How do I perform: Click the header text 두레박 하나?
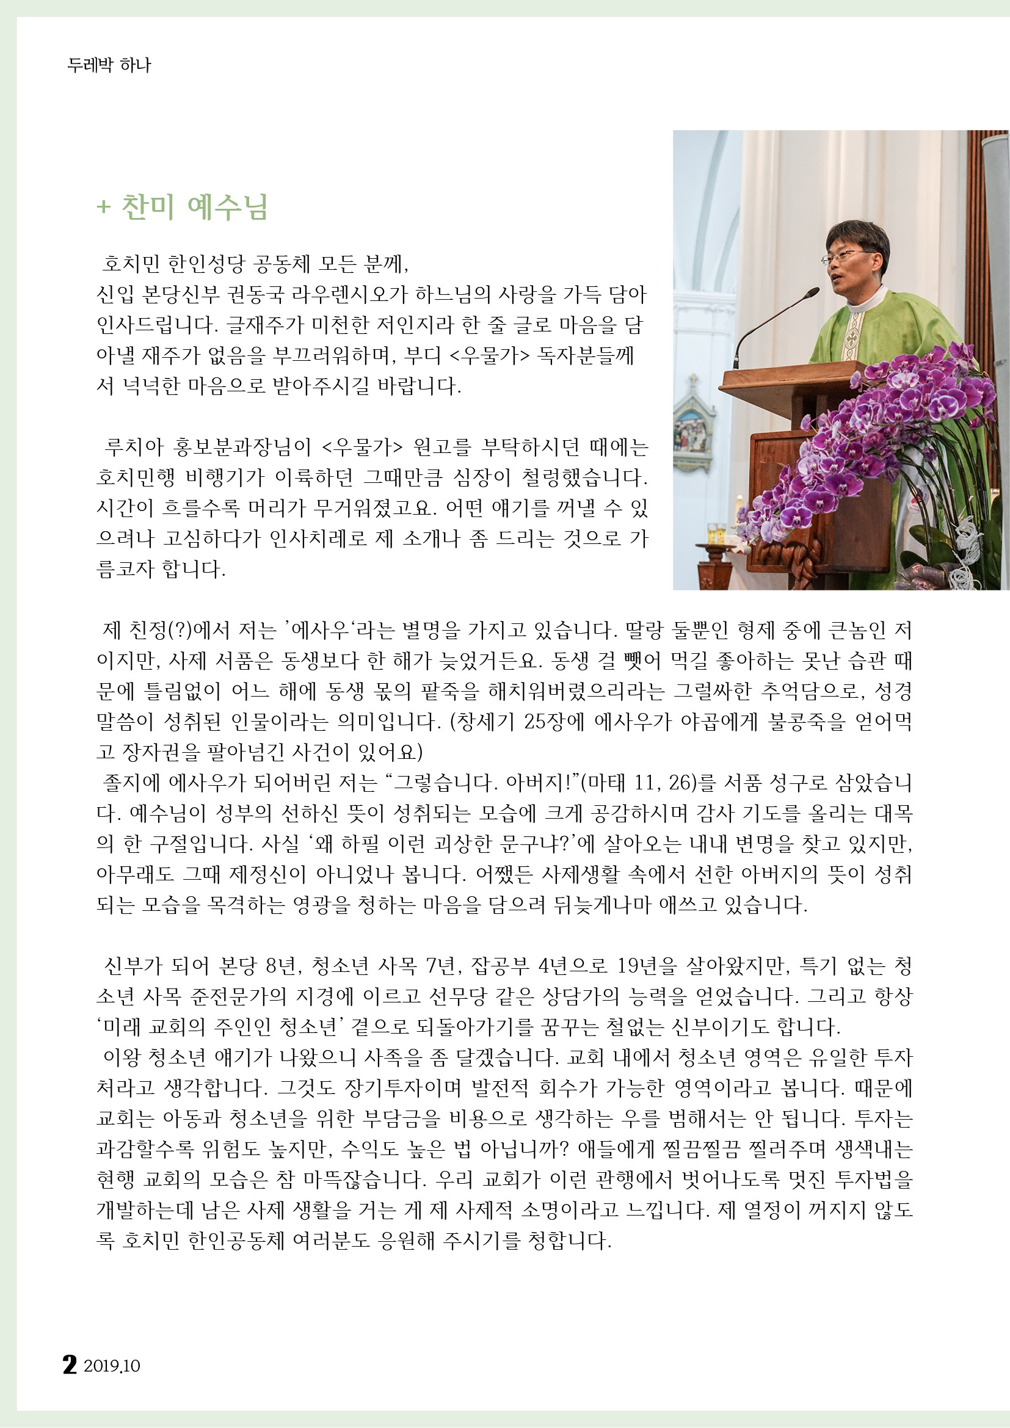coord(109,65)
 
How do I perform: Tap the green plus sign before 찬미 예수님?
coord(103,207)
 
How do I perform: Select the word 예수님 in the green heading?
coord(228,207)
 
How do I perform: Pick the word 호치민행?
coord(136,477)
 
